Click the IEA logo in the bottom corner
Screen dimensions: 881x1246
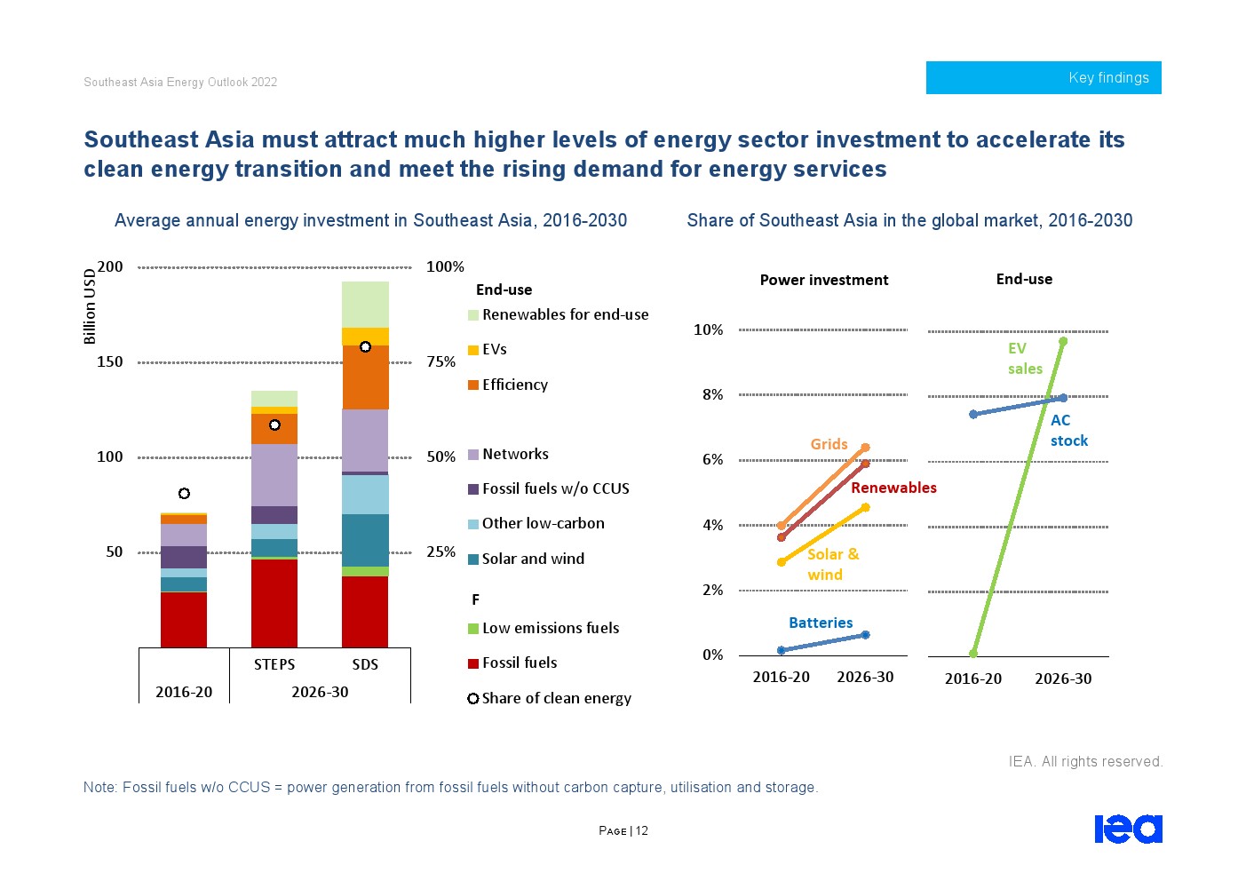[x=1128, y=829]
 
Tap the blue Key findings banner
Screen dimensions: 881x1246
[x=1044, y=77]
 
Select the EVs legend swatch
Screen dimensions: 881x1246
[x=473, y=350]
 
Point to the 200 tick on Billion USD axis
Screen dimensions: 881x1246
[x=110, y=266]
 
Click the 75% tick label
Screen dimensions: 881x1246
[x=440, y=361]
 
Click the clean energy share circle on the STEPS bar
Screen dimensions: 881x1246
[x=274, y=425]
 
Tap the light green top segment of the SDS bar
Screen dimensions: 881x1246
[x=365, y=304]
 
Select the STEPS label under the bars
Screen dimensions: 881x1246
[x=274, y=664]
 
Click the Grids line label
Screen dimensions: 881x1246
[x=829, y=444]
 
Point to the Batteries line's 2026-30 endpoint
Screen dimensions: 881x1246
[x=865, y=635]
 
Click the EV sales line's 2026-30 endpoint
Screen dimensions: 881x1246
[x=1063, y=341]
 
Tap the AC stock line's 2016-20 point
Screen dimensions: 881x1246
[x=973, y=414]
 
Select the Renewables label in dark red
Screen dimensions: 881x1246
[x=893, y=488]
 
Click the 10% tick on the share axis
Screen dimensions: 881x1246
[x=708, y=329]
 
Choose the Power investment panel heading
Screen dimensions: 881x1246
[x=823, y=280]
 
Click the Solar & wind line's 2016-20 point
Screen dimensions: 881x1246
[x=782, y=562]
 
